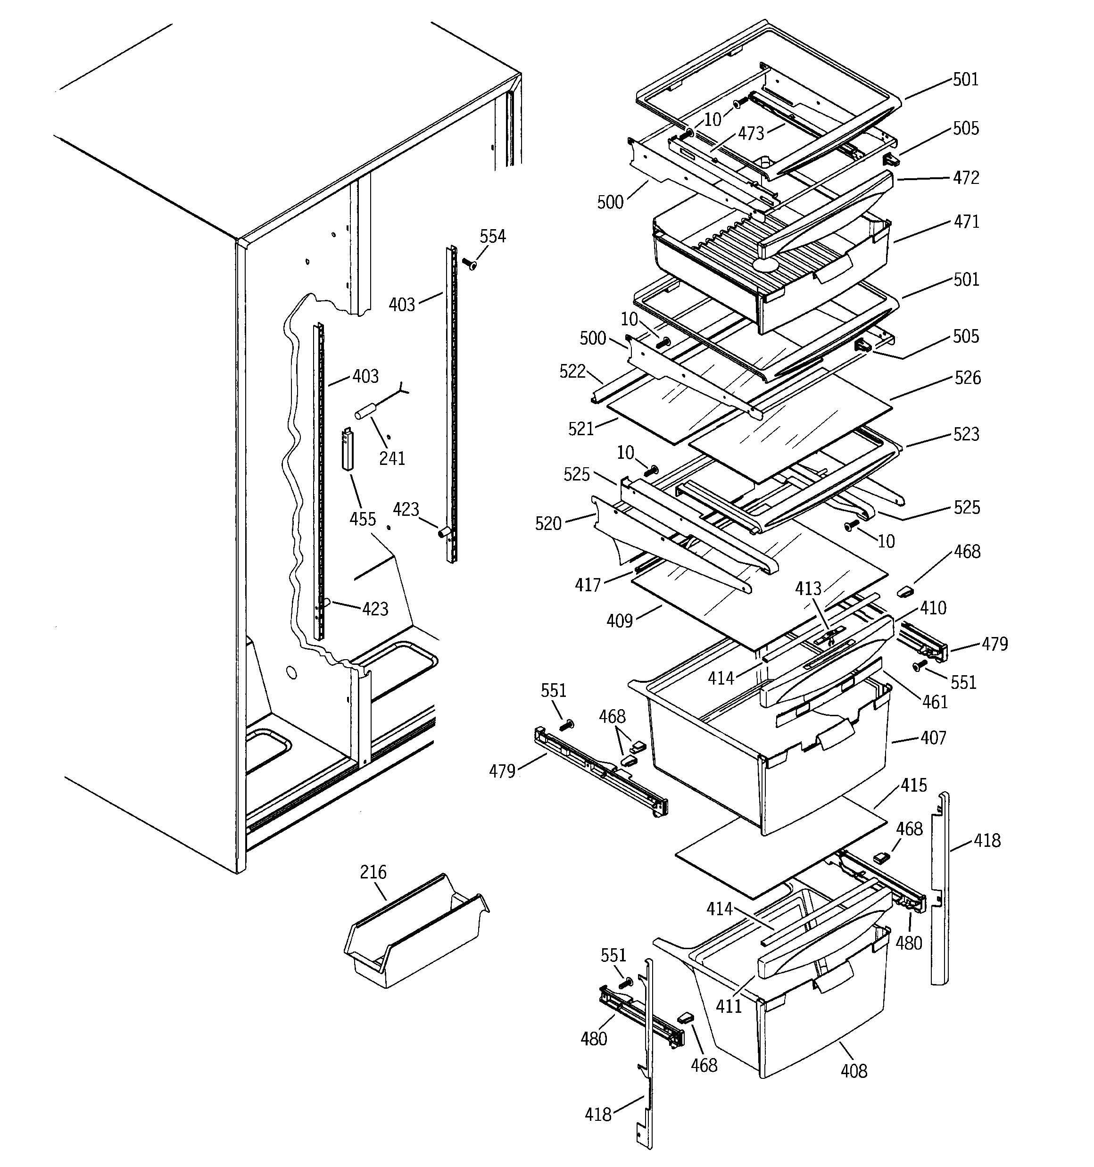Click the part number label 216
point(373,872)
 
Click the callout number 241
point(392,458)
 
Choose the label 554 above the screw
point(492,237)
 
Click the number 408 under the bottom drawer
point(853,1071)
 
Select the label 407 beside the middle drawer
point(933,737)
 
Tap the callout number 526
point(967,378)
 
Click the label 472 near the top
point(966,177)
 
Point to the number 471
point(966,222)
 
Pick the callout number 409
point(620,621)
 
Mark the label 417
point(588,585)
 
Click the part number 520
point(548,524)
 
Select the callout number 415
point(914,785)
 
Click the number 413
point(808,589)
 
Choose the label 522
point(572,371)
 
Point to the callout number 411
point(728,1006)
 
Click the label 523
point(966,434)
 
